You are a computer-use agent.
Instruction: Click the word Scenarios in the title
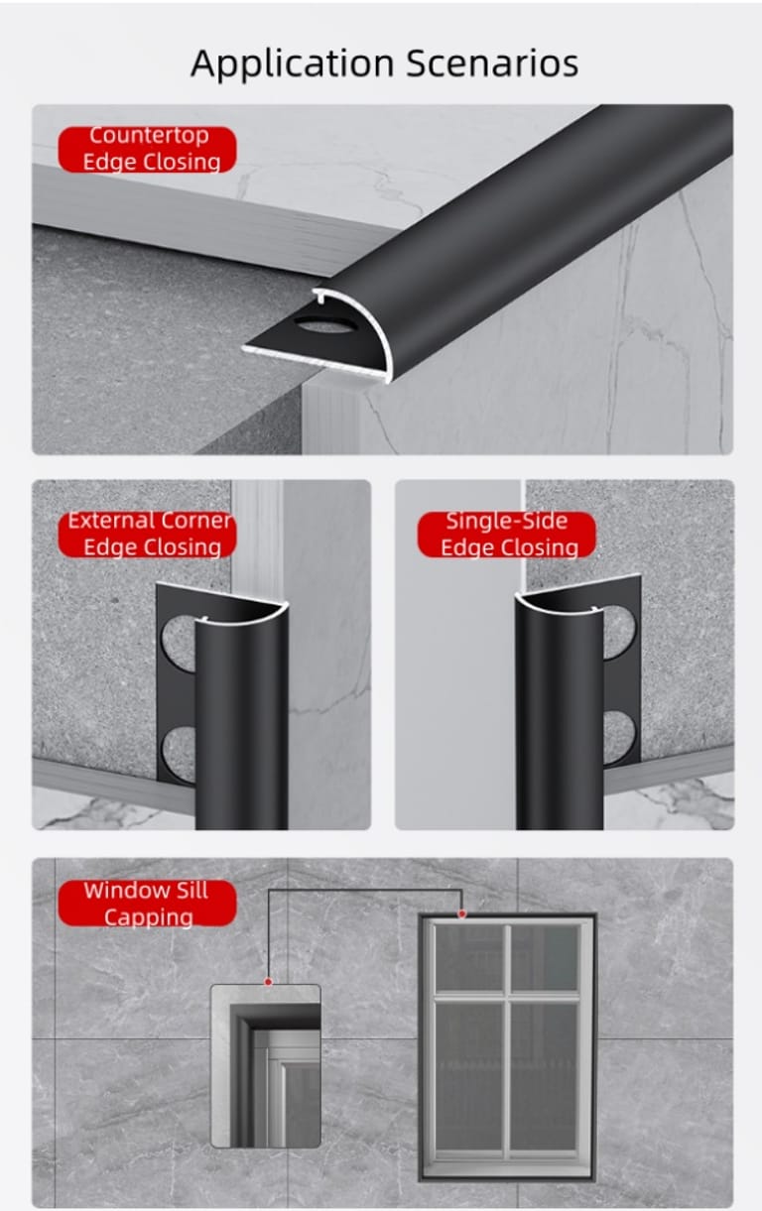click(x=492, y=63)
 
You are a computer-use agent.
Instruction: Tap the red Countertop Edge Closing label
click(x=147, y=149)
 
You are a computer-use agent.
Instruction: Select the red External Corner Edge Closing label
click(x=147, y=535)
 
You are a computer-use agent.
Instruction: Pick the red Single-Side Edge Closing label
click(x=507, y=535)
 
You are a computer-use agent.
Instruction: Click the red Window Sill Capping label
click(x=147, y=904)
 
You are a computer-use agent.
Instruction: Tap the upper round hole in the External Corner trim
click(x=180, y=643)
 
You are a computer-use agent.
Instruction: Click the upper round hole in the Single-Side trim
click(x=619, y=633)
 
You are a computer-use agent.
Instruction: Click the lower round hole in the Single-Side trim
click(x=620, y=738)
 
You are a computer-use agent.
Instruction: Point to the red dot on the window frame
click(x=461, y=913)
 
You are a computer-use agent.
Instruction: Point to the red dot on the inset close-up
click(x=268, y=981)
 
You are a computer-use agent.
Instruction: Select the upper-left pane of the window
click(x=470, y=958)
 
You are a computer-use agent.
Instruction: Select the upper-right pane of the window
click(x=545, y=958)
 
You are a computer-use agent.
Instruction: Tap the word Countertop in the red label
click(x=149, y=136)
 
